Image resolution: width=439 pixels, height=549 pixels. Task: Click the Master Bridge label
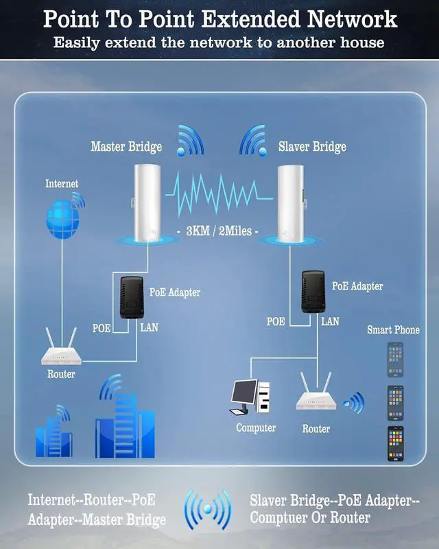(x=126, y=147)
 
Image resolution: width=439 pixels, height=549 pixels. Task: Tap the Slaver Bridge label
(x=312, y=147)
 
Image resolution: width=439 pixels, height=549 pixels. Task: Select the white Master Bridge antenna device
(x=146, y=202)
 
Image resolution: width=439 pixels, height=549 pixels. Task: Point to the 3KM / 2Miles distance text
(x=218, y=231)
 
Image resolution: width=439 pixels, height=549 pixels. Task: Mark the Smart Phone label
(x=393, y=330)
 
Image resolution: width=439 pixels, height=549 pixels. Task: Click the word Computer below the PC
(x=256, y=428)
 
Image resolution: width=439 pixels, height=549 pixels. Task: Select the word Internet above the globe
(x=62, y=184)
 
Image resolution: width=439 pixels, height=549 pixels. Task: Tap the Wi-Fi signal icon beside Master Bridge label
(x=190, y=140)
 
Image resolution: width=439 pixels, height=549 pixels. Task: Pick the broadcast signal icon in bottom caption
(x=207, y=510)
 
